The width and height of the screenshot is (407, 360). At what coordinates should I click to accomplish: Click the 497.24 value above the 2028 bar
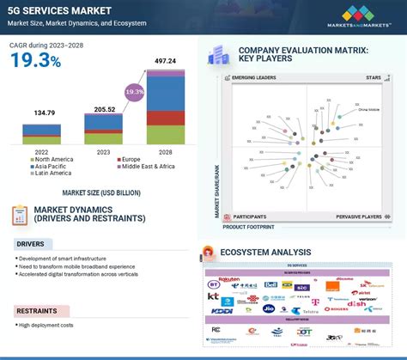click(165, 61)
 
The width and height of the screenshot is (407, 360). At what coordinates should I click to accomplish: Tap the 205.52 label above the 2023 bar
click(103, 100)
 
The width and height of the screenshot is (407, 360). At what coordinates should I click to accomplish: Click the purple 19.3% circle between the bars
click(134, 90)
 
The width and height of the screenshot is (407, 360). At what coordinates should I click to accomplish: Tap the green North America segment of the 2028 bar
click(165, 135)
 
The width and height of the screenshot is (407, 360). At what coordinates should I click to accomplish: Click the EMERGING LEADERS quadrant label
click(255, 79)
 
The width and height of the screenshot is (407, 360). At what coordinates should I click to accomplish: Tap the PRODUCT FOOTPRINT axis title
click(249, 227)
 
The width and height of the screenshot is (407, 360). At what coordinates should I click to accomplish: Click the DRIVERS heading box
click(31, 244)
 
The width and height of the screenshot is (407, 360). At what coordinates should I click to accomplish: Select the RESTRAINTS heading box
click(35, 310)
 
